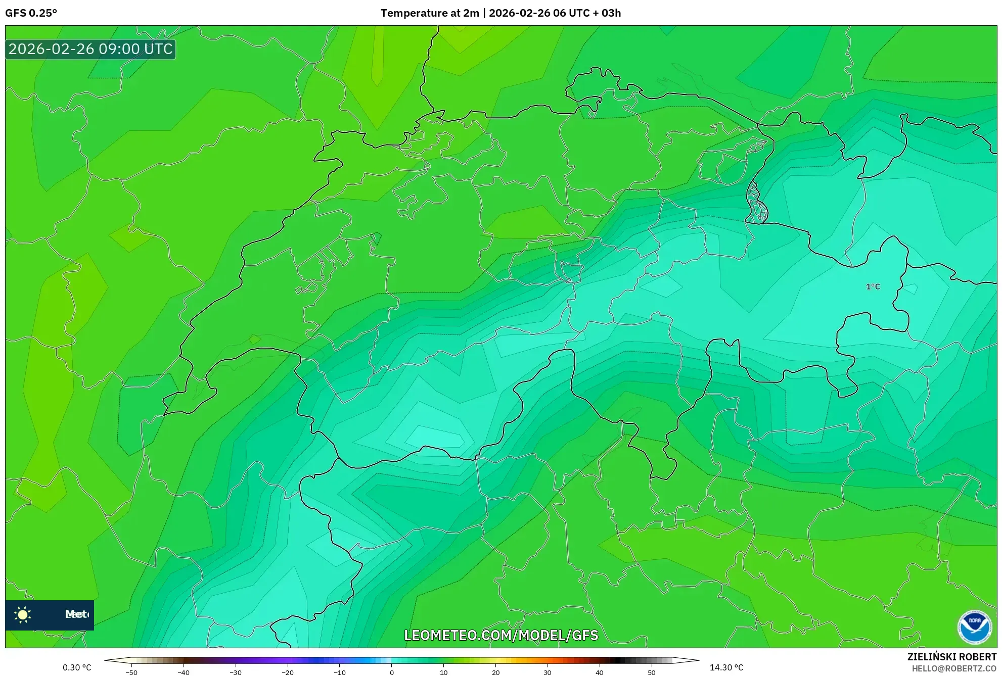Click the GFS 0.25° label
coord(31,13)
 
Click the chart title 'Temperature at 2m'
coord(429,13)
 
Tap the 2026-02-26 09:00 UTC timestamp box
coord(90,50)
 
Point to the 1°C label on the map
coord(873,287)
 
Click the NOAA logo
coord(974,627)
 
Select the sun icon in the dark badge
coord(23,615)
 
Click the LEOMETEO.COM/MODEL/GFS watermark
coord(501,635)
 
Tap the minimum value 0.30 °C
coord(77,667)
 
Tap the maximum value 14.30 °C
coord(726,667)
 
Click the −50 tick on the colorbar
coord(131,672)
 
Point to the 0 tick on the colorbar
coord(392,672)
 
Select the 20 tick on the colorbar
coord(495,672)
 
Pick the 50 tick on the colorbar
coord(651,672)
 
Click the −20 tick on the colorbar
coord(288,672)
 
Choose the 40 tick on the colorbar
coord(599,672)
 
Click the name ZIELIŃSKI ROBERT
coord(951,657)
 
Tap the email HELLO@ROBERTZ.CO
coord(953,668)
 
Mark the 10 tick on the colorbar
coord(443,672)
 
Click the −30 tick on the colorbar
coord(236,672)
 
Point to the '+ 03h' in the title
coord(607,13)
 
